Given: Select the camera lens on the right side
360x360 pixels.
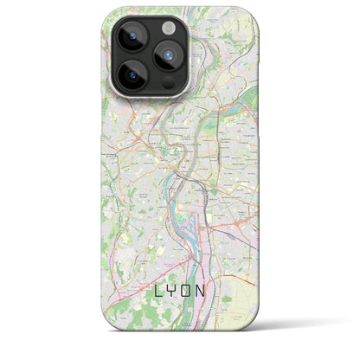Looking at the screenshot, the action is (x=170, y=58).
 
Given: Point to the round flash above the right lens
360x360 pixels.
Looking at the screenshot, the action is (x=170, y=27).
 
